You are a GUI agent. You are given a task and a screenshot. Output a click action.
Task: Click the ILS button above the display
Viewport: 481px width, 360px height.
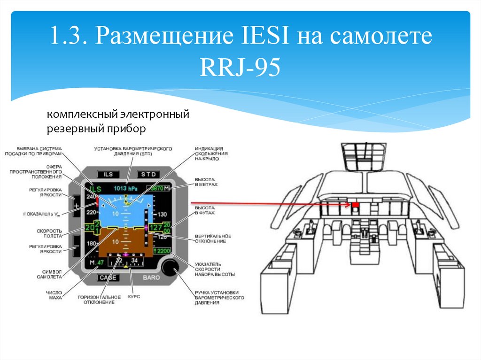(x=109, y=174)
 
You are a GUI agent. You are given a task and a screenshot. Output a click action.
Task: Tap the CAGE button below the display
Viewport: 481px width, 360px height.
(x=108, y=277)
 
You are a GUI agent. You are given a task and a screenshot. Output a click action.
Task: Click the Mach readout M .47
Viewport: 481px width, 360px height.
(x=96, y=263)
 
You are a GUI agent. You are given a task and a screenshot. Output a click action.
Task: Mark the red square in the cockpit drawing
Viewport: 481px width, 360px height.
(x=356, y=205)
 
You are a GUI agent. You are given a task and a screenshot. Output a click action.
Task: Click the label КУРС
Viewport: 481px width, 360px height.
(x=134, y=297)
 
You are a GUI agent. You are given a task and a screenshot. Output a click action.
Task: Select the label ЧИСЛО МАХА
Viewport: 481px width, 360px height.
(x=54, y=295)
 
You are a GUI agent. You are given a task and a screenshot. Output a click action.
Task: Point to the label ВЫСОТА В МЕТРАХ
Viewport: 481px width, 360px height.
(x=206, y=182)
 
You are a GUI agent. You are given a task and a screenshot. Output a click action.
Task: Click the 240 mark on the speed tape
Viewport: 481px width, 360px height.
(x=91, y=197)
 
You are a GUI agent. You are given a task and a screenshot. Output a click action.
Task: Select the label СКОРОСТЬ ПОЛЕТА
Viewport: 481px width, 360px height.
(x=50, y=233)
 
